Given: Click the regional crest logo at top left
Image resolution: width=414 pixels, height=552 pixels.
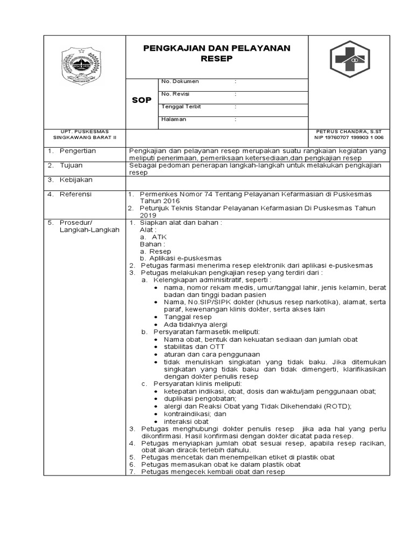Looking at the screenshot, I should [x=84, y=66].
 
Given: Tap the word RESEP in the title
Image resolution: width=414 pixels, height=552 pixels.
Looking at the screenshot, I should [x=216, y=58].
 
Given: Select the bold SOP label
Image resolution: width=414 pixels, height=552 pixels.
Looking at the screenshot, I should [x=142, y=101].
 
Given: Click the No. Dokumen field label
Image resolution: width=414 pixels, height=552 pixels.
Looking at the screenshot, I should [x=180, y=81].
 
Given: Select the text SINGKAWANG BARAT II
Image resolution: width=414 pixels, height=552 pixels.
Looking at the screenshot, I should [x=84, y=138].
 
